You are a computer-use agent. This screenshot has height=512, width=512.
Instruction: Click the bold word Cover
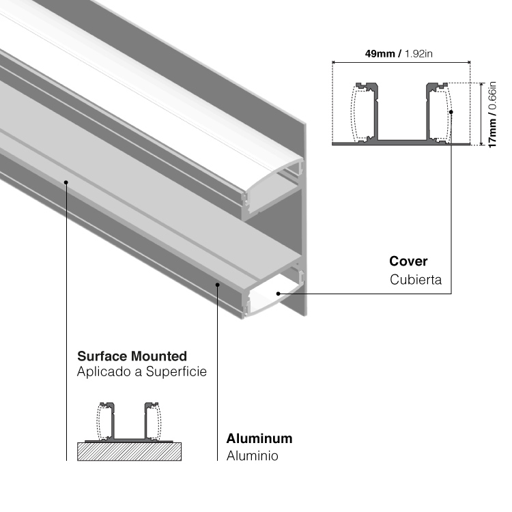click(408, 261)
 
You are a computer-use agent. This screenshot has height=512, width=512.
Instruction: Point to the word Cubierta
click(416, 280)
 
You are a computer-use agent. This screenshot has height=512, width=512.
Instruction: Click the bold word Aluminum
click(259, 439)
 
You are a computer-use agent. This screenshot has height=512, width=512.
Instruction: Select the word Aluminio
click(252, 456)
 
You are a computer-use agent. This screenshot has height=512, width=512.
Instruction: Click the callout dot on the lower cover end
click(279, 293)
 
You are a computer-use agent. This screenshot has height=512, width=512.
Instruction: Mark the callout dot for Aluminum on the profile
click(217, 284)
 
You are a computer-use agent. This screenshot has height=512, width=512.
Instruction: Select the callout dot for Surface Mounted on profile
click(66, 182)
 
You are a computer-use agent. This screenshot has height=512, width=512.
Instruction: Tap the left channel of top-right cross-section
click(365, 113)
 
